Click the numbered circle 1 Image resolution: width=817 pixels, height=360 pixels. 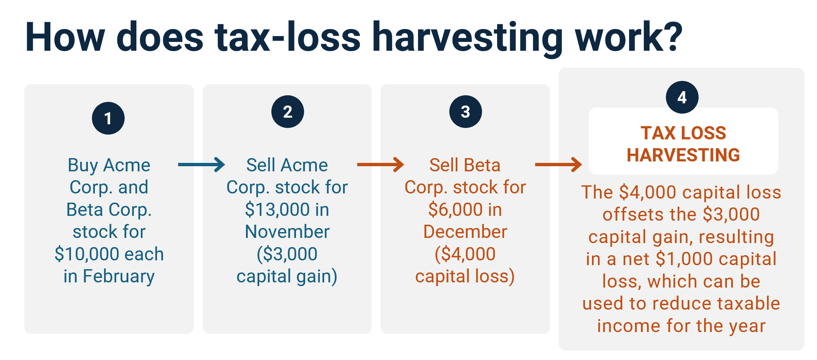tap(108, 118)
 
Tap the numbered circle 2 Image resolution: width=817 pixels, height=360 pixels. tap(288, 111)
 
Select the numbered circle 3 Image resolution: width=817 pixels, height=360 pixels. tap(465, 111)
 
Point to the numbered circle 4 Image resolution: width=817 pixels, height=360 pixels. tap(682, 97)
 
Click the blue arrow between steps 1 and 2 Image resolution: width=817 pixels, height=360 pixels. tap(201, 165)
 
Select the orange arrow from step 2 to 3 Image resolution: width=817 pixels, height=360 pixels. tap(381, 165)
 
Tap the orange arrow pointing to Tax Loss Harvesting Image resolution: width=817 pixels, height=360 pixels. tap(559, 165)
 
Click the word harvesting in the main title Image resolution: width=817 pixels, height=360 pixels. tap(467, 38)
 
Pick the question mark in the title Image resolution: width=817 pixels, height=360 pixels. tap(672, 36)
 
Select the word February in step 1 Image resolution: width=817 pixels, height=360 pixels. tap(118, 277)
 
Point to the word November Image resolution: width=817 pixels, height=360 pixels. tap(287, 232)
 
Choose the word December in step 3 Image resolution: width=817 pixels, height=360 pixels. tap(465, 232)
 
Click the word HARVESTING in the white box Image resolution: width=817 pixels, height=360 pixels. tap(683, 155)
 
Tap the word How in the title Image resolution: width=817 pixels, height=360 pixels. tap(65, 37)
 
